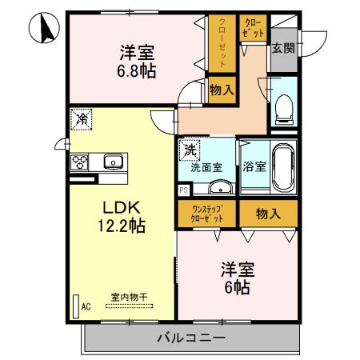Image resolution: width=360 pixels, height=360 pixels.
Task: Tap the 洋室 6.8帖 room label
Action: [x=137, y=61]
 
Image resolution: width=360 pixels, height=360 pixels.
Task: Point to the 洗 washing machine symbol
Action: [x=190, y=150]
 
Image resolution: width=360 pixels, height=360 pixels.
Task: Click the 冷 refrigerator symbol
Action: [x=82, y=118]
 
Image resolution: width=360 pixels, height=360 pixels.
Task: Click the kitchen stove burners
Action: [x=81, y=162]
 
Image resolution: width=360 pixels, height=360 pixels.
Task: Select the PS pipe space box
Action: [x=183, y=190]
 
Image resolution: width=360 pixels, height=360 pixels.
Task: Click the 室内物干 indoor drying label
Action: [x=128, y=298]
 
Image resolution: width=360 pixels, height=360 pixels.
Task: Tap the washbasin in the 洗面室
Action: [x=220, y=187]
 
